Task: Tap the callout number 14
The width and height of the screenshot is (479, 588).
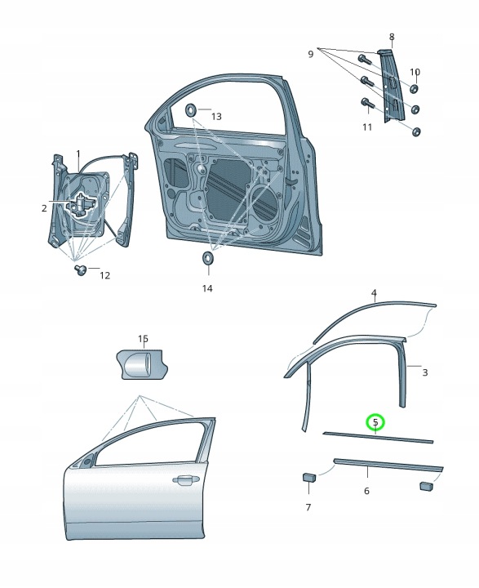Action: coord(207,288)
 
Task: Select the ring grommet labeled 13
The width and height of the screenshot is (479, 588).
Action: coord(191,111)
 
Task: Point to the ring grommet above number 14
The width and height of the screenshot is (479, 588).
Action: coord(207,258)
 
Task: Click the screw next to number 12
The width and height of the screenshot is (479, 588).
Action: coord(80,270)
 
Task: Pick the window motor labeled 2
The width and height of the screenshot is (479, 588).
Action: coord(81,204)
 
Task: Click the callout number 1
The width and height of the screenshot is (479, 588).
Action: coord(78,154)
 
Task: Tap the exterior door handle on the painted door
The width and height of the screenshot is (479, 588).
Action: coord(186,480)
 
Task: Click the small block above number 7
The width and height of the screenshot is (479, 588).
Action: coord(309,477)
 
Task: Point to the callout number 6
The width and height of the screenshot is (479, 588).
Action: coord(366,491)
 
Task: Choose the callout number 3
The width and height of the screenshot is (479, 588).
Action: coord(424,372)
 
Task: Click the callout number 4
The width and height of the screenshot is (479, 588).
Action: coord(374,292)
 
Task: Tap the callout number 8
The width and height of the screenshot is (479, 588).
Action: coord(392,37)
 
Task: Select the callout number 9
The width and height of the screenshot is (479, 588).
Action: coord(310,54)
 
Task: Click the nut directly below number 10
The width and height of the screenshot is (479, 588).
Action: coord(415,89)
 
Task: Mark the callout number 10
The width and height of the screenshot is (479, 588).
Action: coord(415,72)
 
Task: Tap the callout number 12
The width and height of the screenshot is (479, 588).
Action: coord(105,276)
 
